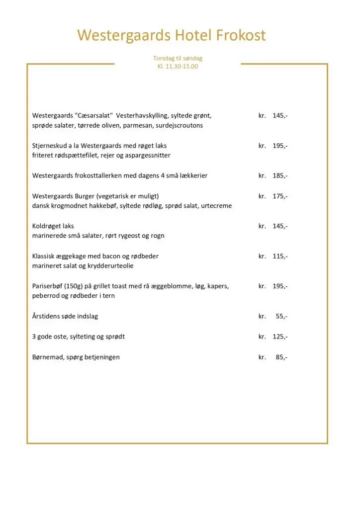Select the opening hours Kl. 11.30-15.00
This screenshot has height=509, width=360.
(x=178, y=66)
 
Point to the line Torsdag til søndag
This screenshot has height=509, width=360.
(x=178, y=58)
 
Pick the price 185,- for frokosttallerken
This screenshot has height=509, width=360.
(x=280, y=176)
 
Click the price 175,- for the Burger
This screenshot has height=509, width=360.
(x=280, y=196)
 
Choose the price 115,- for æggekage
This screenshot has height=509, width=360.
(x=280, y=256)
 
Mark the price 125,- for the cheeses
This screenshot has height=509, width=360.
(x=280, y=337)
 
